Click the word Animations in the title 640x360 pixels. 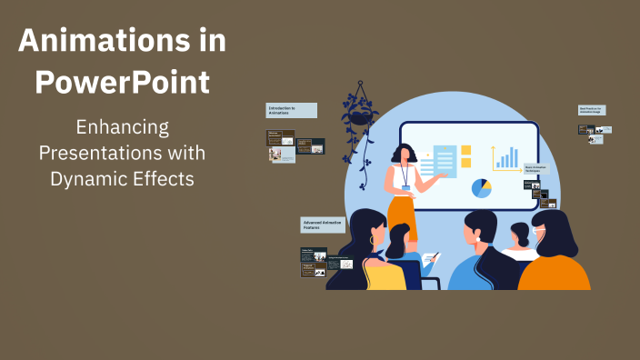pos(123,41)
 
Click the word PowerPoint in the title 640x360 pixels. pos(123,83)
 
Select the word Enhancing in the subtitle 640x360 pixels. pos(122,127)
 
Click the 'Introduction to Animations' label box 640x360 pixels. pos(291,110)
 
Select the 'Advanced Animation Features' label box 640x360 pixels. pos(324,225)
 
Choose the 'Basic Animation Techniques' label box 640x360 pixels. pos(536,168)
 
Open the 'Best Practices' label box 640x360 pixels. pos(592,110)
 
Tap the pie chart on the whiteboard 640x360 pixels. pos(481,187)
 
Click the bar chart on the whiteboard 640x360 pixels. pos(505,157)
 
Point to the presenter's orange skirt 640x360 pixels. pos(401,216)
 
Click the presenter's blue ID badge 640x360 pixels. pos(406,187)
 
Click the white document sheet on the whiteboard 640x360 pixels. pos(445,161)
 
